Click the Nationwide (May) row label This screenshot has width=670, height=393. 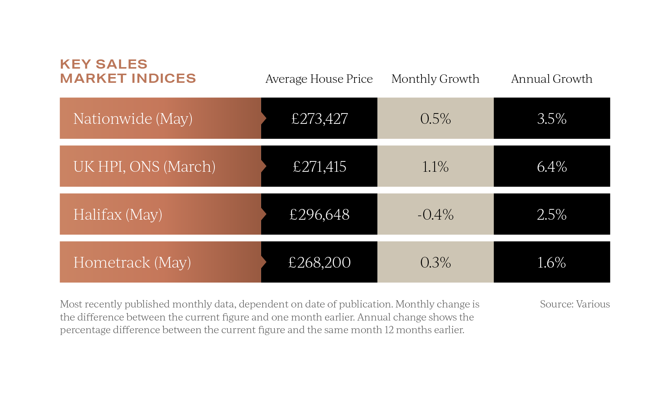point(132,118)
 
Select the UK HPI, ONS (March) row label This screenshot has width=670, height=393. point(144,166)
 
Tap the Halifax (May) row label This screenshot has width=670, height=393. point(118,214)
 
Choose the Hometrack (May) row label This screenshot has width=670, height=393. point(132,262)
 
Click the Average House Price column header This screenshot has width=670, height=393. point(319,79)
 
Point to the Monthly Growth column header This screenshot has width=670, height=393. point(435,79)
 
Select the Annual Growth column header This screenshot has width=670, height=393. point(552,79)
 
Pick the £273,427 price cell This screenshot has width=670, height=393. point(319,118)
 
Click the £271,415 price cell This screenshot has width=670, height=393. point(319,166)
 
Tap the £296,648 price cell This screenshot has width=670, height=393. point(319,214)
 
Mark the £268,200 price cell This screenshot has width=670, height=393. point(319,262)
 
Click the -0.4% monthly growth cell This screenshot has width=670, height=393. point(435,214)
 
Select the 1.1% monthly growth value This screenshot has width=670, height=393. point(435,166)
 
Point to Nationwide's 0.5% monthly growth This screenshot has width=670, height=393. point(435,118)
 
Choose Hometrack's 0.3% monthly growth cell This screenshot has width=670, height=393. point(435,262)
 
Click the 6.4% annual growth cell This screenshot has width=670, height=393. point(552,166)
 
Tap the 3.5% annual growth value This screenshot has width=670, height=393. point(552,118)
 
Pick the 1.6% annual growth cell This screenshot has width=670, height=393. point(552,262)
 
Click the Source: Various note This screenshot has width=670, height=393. point(575,304)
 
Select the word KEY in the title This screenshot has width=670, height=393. point(75,64)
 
